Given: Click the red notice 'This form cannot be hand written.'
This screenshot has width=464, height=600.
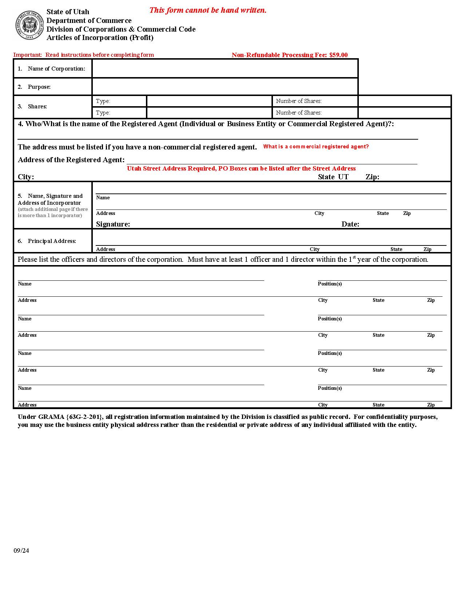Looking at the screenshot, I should click(208, 10).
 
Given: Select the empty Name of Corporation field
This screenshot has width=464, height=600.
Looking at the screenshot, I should click(225, 68).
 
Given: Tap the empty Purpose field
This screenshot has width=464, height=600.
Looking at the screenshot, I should click(225, 87).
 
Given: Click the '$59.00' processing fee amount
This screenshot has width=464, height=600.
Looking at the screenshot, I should click(338, 55).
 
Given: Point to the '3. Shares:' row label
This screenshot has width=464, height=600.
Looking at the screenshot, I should click(33, 107).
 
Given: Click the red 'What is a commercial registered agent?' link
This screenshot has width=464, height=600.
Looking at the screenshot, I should click(316, 147).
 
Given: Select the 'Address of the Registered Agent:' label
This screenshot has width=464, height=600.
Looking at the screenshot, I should click(71, 160).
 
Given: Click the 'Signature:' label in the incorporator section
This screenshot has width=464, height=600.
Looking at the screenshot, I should click(113, 224).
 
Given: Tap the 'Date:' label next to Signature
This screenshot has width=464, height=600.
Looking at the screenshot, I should click(350, 224).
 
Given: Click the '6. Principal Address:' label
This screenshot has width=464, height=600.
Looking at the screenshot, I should click(47, 241).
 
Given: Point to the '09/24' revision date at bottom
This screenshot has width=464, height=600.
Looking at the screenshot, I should click(21, 551).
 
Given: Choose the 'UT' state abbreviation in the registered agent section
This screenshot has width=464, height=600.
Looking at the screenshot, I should click(343, 177).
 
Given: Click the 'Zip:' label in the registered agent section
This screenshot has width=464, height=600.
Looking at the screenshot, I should click(372, 177).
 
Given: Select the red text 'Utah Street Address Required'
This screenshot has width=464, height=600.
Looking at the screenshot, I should click(171, 168).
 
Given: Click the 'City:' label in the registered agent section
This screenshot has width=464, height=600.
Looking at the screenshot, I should click(26, 177).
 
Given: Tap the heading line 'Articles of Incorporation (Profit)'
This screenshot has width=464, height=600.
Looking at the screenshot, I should click(100, 38).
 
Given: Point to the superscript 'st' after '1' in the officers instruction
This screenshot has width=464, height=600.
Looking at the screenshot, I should click(354, 257).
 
